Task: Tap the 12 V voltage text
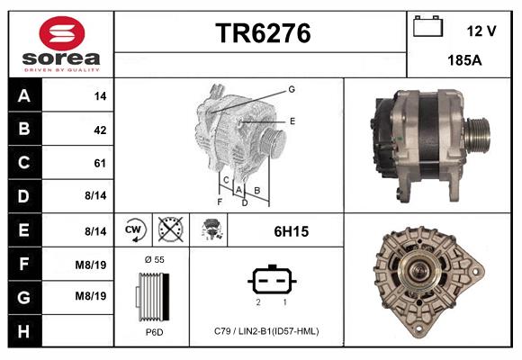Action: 481,31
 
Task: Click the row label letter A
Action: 23,96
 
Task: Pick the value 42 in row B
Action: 100,130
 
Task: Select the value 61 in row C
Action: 100,163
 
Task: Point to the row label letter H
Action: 23,330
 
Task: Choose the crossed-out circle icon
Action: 169,231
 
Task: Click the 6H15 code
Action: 291,231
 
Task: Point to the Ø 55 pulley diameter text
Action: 154,260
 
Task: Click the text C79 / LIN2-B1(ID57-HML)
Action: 266,331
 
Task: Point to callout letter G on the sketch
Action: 292,89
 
